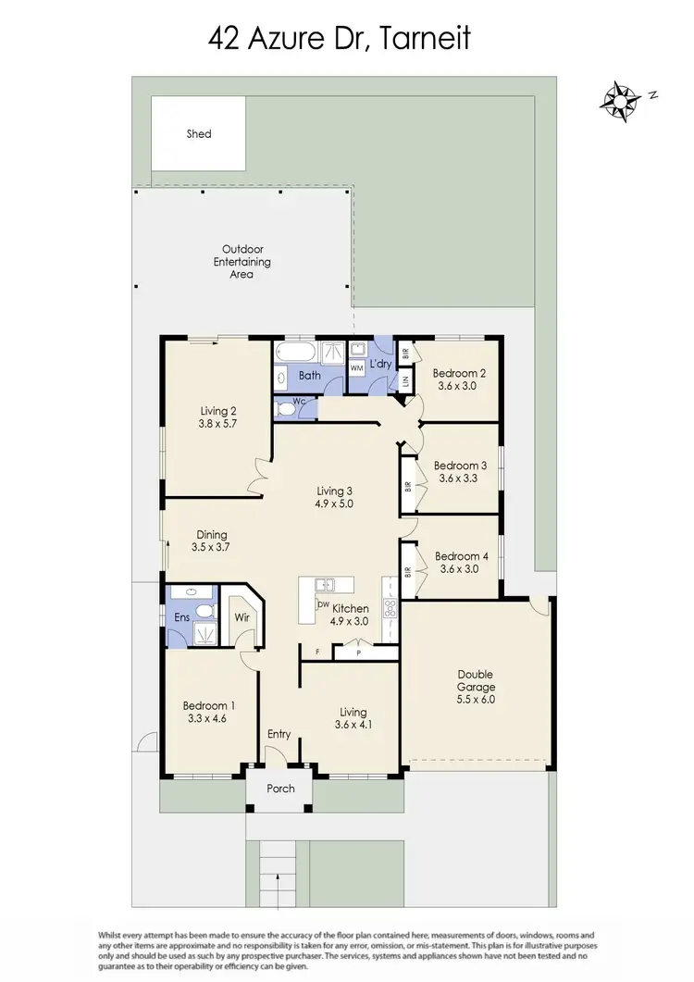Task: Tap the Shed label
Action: tap(199, 134)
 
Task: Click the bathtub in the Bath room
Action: tap(296, 353)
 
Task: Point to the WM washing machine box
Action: tap(356, 367)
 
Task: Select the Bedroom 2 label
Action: tap(459, 373)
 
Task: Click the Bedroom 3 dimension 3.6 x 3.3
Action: tap(460, 479)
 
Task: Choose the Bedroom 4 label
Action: tap(460, 556)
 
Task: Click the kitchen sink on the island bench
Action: tap(324, 584)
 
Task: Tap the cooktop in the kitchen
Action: tap(390, 608)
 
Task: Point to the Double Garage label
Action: tap(476, 680)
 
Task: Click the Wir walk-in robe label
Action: tap(242, 616)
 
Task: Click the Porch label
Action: tap(280, 789)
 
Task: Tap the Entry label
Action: tap(279, 734)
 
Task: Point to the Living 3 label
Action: tap(335, 491)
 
